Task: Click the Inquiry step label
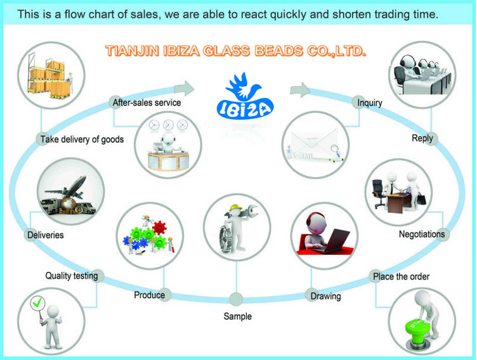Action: coord(370,103)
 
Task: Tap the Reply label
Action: coord(422,138)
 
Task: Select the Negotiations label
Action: coord(422,234)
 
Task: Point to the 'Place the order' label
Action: coord(401,276)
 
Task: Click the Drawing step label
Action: coord(325,296)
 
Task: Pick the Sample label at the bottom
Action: coord(238,316)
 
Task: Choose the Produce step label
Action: coord(149,295)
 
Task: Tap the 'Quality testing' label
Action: coord(72,276)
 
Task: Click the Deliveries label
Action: coord(45,235)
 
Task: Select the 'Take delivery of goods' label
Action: coord(82,139)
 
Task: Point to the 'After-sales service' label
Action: coord(147,103)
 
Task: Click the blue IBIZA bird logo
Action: coord(245,96)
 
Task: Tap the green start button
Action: coord(417,330)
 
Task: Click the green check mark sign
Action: coord(37,304)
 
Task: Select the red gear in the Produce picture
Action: coord(160,228)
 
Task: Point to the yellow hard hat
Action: coord(235,208)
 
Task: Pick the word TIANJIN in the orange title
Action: coord(132,51)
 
